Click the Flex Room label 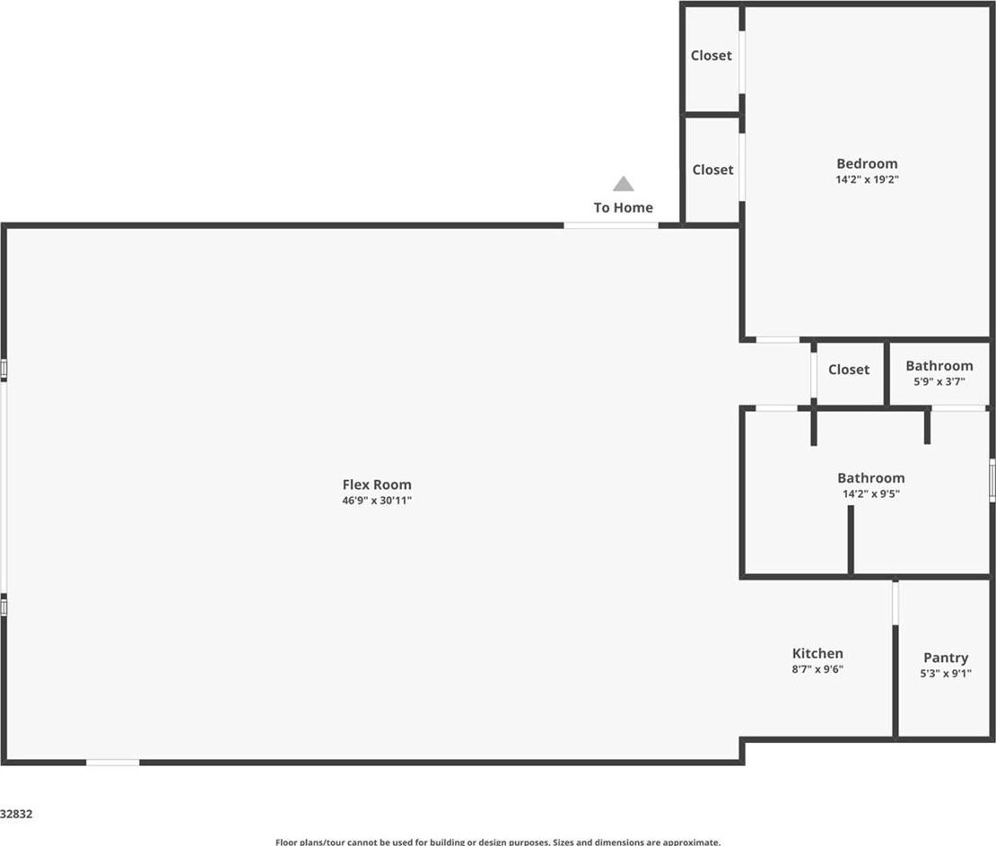tap(377, 484)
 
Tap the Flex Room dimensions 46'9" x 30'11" tap(377, 501)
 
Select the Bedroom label tap(867, 164)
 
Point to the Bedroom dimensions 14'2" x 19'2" tap(867, 179)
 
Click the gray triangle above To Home tap(623, 184)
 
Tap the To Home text tap(623, 208)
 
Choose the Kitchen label tap(817, 653)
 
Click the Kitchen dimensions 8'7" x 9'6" tap(817, 669)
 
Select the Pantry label tap(946, 658)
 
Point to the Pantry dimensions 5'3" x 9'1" tap(946, 674)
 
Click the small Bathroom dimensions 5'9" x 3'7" tap(939, 381)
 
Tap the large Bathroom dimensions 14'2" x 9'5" tap(871, 494)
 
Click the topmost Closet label tap(712, 56)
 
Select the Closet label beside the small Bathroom tap(849, 370)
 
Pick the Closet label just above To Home tap(712, 170)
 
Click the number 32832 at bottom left tap(16, 814)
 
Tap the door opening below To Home tap(611, 225)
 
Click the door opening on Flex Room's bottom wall tap(113, 763)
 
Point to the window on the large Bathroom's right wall tap(992, 480)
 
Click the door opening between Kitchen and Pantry tap(896, 603)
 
